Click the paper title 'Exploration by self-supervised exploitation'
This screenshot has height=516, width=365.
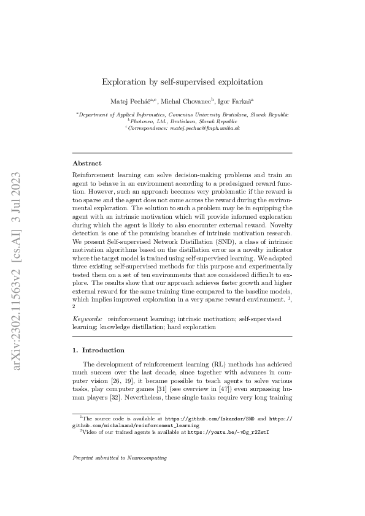(x=182, y=81)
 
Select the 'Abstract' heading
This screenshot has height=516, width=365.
(x=87, y=164)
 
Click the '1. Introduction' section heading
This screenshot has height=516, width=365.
(x=99, y=351)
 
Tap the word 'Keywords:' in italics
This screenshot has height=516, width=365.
(x=87, y=319)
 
